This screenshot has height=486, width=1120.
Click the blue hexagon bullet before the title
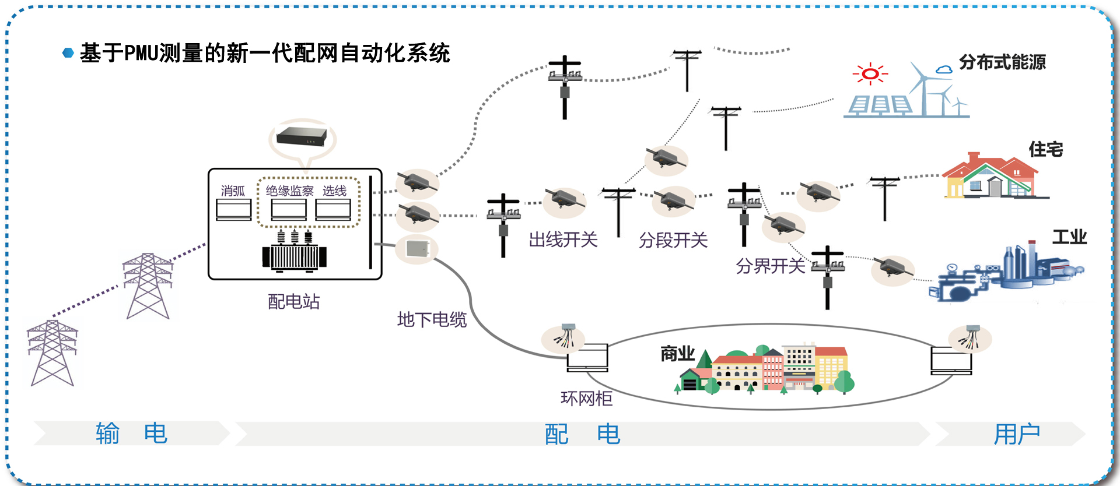[x=68, y=53]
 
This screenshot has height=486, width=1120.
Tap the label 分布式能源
[x=1002, y=62]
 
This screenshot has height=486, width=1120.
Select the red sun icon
[x=870, y=74]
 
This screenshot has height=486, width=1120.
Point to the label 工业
[x=1069, y=237]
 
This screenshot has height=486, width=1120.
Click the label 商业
[x=677, y=353]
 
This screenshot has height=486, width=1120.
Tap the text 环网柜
[x=586, y=399]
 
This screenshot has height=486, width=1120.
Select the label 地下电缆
[x=432, y=319]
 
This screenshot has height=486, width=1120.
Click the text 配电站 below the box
[x=293, y=301]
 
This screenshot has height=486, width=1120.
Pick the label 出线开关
[x=563, y=240]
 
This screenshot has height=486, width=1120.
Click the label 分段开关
[x=673, y=240]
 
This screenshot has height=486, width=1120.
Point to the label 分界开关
[x=770, y=266]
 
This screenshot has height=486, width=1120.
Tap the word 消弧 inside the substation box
[x=233, y=191]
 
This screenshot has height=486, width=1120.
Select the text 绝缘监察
[x=289, y=191]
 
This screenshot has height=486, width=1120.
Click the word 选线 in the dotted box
[x=334, y=191]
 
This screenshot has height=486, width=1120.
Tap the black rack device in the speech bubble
[x=302, y=136]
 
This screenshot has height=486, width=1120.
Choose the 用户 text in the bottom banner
[x=1017, y=434]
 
